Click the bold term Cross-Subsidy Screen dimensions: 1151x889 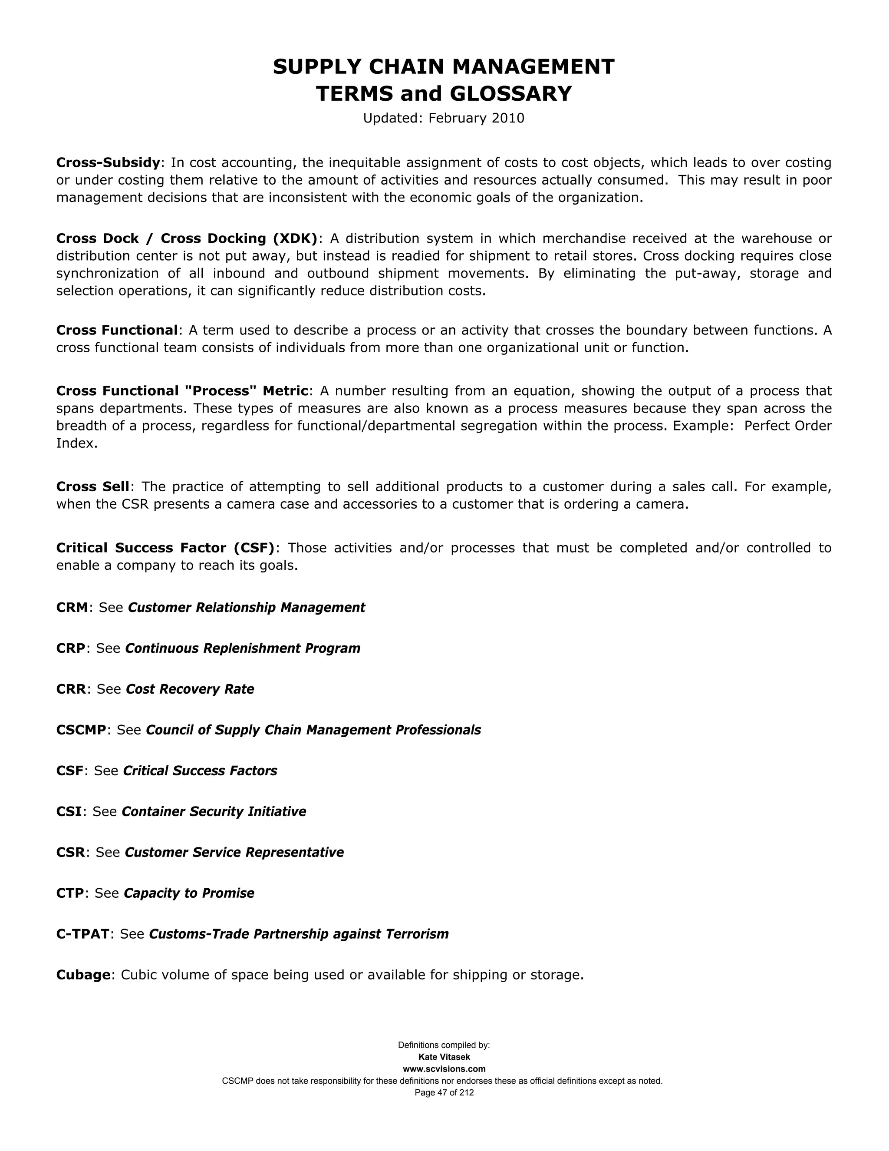[x=108, y=162]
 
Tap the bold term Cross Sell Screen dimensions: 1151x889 [x=93, y=486]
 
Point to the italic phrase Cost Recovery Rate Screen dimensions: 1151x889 [x=190, y=689]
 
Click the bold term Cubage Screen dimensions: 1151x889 [x=83, y=975]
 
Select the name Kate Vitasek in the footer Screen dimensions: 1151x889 [x=444, y=1057]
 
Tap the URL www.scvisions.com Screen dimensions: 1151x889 [x=444, y=1069]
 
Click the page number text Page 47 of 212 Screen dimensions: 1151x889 [x=444, y=1092]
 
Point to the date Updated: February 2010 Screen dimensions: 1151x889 [x=444, y=118]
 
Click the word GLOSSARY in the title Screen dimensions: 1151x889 [x=510, y=94]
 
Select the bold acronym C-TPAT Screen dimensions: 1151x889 [x=82, y=934]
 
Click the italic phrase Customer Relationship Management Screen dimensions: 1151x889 [x=246, y=607]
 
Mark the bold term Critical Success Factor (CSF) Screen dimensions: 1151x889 [x=165, y=548]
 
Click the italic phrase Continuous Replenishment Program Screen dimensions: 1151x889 [x=242, y=648]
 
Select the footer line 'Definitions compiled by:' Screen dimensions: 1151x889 [x=444, y=1045]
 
